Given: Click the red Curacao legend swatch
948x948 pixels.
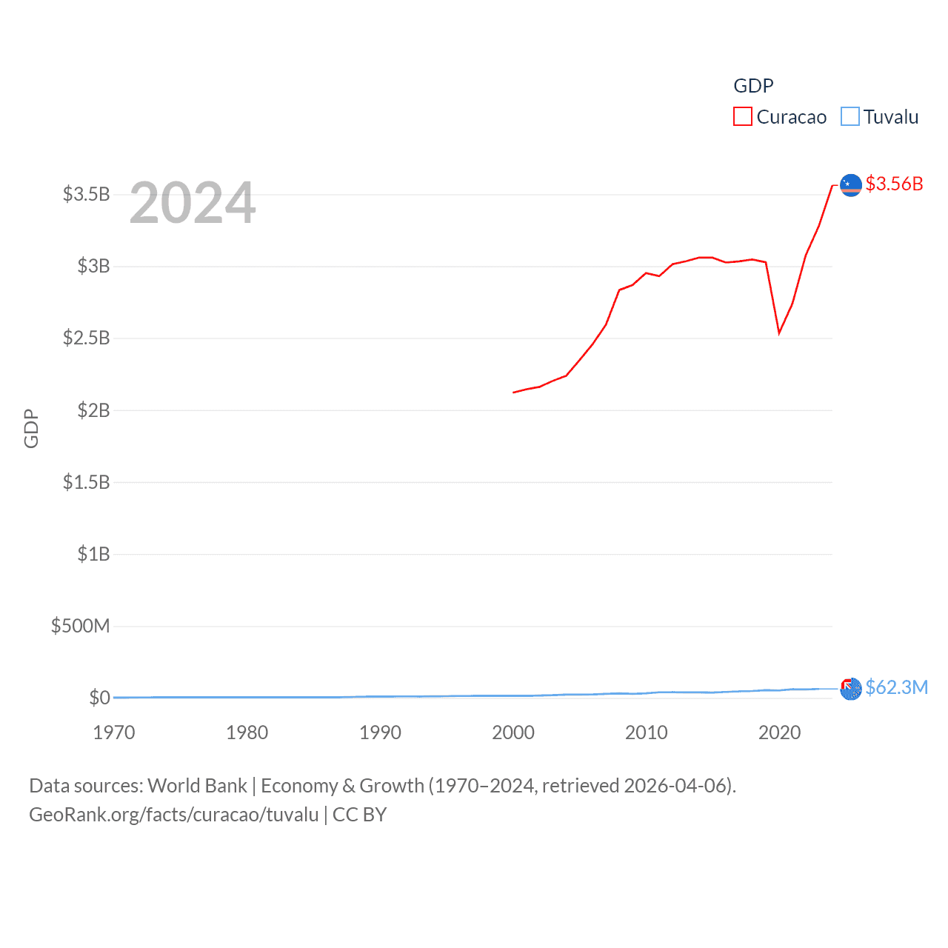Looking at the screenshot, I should (x=742, y=117).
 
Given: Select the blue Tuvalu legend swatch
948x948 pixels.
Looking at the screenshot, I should (x=849, y=117).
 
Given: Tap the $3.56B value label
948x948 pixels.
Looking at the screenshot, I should (x=894, y=184).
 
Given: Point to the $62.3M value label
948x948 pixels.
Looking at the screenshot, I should (x=896, y=688).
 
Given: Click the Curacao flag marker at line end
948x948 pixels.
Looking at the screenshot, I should (x=851, y=185).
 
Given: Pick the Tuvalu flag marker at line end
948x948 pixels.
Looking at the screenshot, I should (x=851, y=689).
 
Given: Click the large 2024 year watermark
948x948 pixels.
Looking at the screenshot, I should (x=193, y=203).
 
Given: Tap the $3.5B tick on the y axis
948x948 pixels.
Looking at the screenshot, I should (x=86, y=195).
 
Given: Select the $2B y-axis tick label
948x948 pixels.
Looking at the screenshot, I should (x=93, y=410).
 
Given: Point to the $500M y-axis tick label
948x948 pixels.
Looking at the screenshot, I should (x=80, y=627).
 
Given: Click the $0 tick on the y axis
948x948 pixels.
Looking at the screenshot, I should (x=99, y=698).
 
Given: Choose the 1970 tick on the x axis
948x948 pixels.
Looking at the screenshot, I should (x=114, y=732).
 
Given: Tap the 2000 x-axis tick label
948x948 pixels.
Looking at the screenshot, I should (x=513, y=732).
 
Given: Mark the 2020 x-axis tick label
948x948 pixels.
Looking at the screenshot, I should (x=779, y=732).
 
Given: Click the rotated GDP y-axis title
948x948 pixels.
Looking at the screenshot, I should (x=31, y=428).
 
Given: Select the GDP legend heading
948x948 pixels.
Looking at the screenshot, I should (x=753, y=86).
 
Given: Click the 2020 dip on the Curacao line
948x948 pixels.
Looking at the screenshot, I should (x=779, y=333).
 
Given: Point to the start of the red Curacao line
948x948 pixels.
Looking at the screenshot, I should (x=514, y=393).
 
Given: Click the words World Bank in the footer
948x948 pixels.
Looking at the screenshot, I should (x=197, y=786).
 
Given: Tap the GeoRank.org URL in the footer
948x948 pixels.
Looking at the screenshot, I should (x=173, y=815).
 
